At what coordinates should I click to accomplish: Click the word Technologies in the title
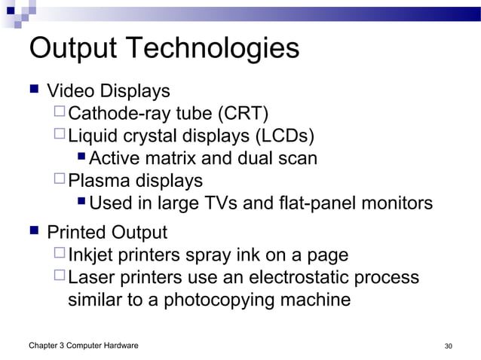point(215,50)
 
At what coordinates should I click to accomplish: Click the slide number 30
point(449,346)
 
